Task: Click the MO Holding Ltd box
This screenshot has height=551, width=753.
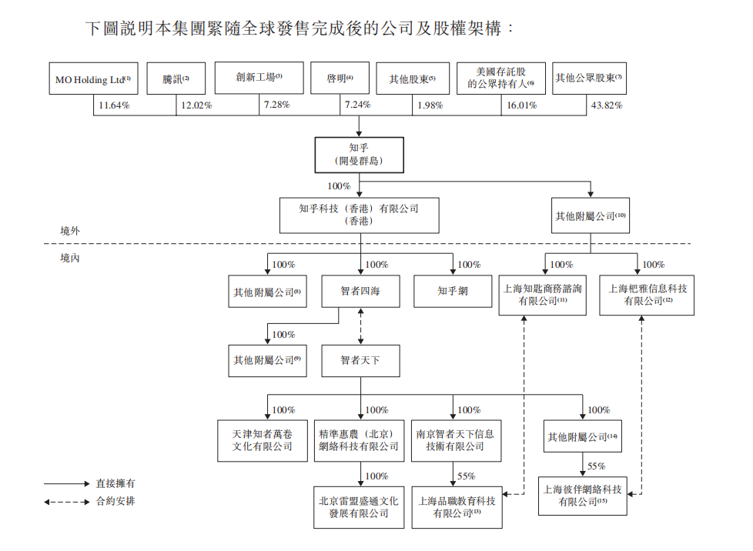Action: tap(93, 78)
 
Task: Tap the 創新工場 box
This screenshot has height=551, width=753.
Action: tap(259, 78)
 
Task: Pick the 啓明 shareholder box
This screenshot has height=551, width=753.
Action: tap(340, 78)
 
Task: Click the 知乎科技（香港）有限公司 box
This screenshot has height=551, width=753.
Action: tap(359, 214)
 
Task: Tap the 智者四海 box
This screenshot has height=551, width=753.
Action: tap(360, 292)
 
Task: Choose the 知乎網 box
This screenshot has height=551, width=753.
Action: tap(453, 292)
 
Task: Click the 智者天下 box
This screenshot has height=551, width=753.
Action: tap(360, 359)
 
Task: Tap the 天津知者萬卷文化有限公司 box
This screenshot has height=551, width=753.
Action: tap(263, 440)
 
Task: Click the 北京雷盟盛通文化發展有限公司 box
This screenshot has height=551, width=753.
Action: tap(359, 506)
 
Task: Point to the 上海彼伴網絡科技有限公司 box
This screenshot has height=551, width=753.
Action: tap(581, 495)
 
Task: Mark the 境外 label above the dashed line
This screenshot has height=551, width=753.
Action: tap(70, 230)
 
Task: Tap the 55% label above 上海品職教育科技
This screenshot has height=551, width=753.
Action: tap(466, 476)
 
